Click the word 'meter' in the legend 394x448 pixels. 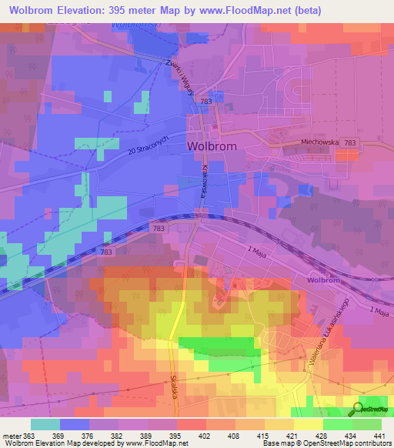(x=12, y=435)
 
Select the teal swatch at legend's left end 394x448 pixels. (x=45, y=424)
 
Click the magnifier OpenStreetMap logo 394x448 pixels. (x=359, y=410)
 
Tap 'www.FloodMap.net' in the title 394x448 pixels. (x=248, y=10)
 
